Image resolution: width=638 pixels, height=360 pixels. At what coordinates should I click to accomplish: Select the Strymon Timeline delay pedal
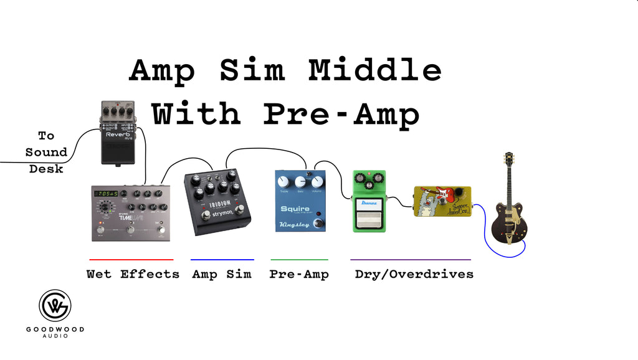point(131,212)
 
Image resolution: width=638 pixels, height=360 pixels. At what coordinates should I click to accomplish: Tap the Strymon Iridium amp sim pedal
point(217,201)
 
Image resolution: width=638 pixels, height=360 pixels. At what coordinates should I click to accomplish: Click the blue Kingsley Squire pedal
point(301,201)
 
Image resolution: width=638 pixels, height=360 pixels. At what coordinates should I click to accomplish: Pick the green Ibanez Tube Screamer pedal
point(369,201)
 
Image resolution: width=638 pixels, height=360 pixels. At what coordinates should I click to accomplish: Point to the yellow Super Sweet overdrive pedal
point(442,201)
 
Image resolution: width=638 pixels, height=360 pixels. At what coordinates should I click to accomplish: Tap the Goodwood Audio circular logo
point(55,306)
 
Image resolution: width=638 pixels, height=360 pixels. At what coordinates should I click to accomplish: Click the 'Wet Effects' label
point(133,274)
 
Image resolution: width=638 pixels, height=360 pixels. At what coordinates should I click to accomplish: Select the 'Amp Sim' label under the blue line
point(222,274)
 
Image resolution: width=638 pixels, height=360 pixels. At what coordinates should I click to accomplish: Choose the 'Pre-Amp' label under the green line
point(299,274)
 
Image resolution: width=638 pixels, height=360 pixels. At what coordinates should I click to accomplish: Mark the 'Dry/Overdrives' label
point(414,274)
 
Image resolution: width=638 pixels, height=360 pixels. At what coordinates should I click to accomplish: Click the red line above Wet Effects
point(131,259)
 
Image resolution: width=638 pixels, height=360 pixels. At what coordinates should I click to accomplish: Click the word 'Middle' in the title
point(375,70)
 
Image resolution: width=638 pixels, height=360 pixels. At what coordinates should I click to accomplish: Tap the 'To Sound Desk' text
point(46,152)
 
